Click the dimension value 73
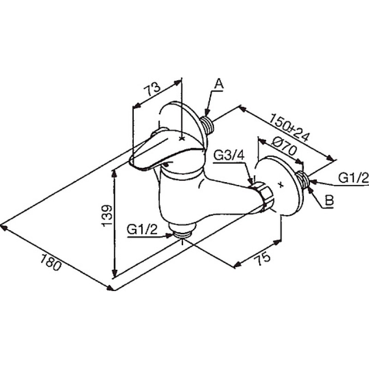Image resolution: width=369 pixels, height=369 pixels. click(x=152, y=89)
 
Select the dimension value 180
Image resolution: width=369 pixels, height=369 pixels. click(x=51, y=262)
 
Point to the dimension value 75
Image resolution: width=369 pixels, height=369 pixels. click(x=262, y=258)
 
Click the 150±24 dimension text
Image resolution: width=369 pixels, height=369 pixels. click(x=289, y=127)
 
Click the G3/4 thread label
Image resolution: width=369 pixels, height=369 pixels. click(x=229, y=155)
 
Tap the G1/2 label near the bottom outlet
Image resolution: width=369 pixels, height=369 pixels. click(x=142, y=229)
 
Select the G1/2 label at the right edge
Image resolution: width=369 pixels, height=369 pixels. click(x=353, y=178)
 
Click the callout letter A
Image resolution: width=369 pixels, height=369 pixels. click(x=219, y=84)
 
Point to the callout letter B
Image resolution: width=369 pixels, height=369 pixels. click(x=329, y=201)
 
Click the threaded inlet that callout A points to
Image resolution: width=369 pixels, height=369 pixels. click(x=208, y=124)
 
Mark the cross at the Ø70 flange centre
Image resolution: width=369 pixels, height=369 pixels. click(x=280, y=184)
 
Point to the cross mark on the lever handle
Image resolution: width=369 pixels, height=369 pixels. click(x=182, y=139)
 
